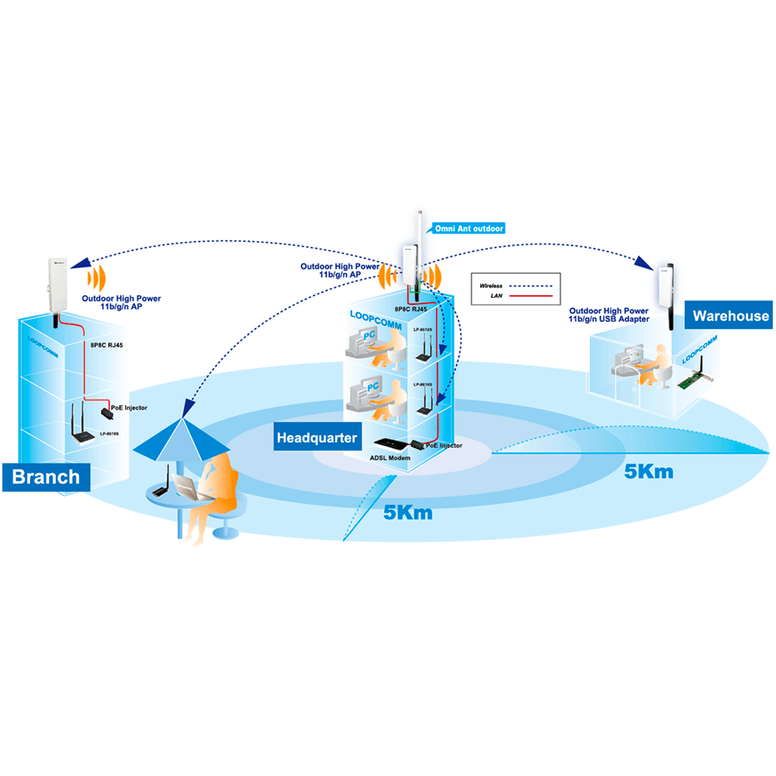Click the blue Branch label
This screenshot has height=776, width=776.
[x=46, y=476]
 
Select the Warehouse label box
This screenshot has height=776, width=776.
[x=730, y=316]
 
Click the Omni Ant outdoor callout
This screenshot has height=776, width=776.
[x=469, y=228]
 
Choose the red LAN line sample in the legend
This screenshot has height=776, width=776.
[x=532, y=296]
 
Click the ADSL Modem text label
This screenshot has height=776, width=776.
[x=389, y=458]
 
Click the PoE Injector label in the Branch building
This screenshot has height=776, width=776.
[x=128, y=407]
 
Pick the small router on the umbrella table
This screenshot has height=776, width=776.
[x=160, y=490]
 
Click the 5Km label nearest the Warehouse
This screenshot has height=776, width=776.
[x=649, y=471]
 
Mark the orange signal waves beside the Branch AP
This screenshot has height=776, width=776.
[x=95, y=278]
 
